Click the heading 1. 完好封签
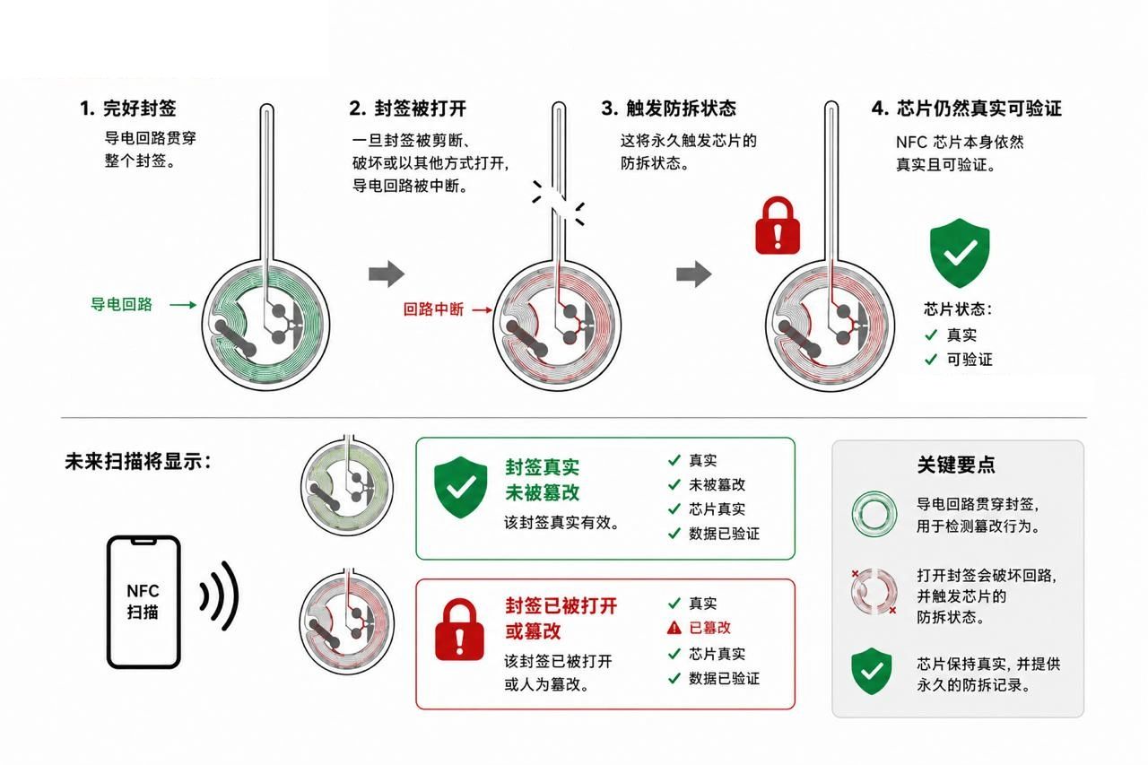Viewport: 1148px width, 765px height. click(x=128, y=109)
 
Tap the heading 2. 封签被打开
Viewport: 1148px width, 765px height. click(x=408, y=109)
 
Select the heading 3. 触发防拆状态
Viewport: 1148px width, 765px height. click(x=669, y=109)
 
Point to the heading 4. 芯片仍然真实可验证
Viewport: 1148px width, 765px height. click(x=967, y=109)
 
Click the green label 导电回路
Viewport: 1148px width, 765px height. click(x=121, y=304)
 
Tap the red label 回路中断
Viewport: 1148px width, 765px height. click(x=433, y=309)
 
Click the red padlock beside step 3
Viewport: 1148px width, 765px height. click(x=778, y=225)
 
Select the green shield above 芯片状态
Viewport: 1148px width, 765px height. click(x=960, y=253)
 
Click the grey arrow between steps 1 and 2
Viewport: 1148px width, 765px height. click(x=387, y=274)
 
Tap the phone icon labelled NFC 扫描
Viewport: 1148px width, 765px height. click(x=143, y=602)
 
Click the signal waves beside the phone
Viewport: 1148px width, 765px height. click(x=221, y=595)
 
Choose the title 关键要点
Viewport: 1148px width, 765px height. click(x=956, y=465)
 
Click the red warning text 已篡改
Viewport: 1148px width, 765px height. click(x=709, y=628)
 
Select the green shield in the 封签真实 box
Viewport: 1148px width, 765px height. click(x=460, y=487)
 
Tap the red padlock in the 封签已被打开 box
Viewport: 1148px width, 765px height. click(x=460, y=630)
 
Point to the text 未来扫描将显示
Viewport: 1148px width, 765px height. click(x=138, y=462)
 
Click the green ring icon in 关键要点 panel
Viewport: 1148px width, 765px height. click(x=874, y=514)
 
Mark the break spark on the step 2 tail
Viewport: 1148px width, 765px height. click(x=559, y=203)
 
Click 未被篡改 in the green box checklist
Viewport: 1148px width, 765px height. click(x=717, y=484)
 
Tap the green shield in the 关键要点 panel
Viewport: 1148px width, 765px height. click(x=871, y=671)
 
